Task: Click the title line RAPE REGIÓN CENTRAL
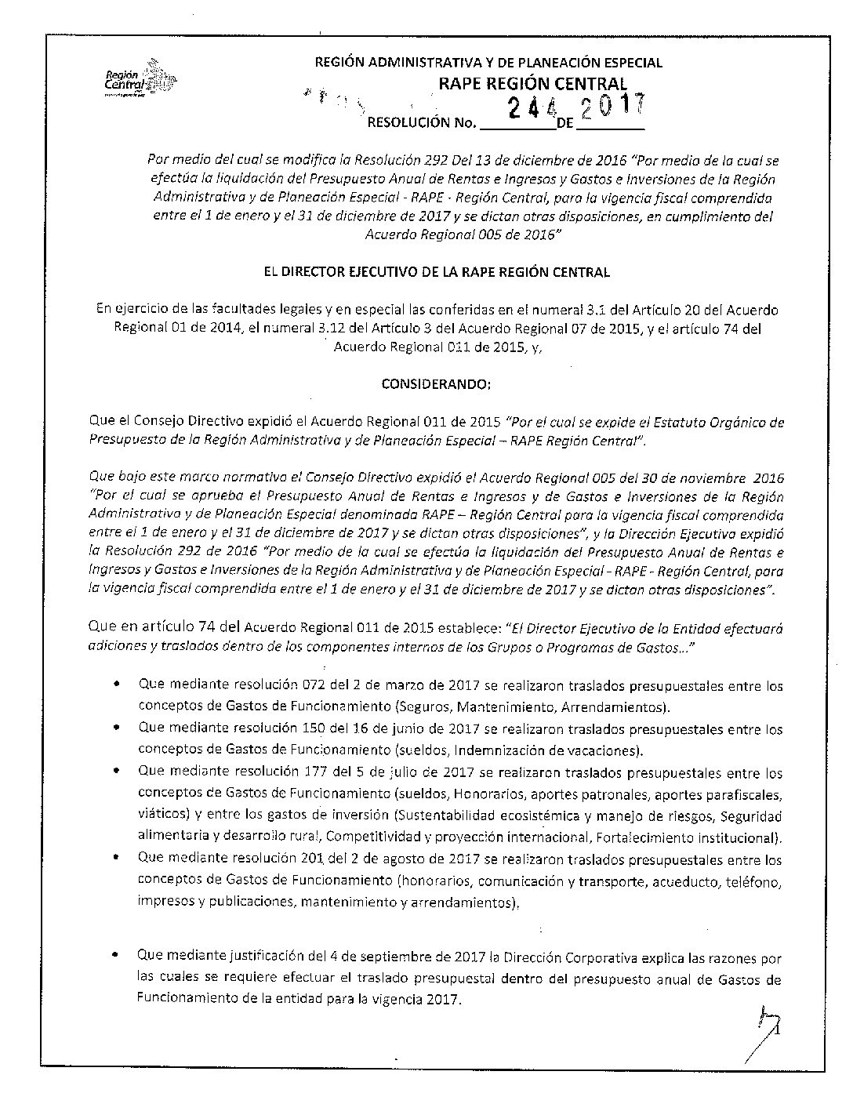click(532, 84)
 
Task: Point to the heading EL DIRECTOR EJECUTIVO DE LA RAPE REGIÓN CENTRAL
click(436, 272)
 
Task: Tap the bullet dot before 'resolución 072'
click(116, 685)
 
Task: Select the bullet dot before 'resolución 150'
click(116, 728)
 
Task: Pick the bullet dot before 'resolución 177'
click(116, 772)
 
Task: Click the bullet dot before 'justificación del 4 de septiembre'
click(116, 956)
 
